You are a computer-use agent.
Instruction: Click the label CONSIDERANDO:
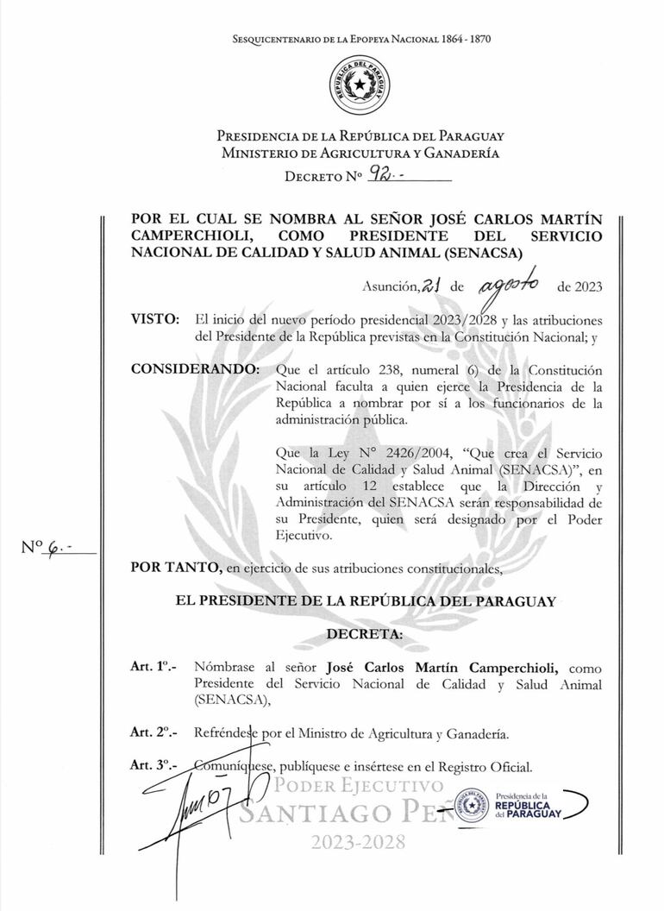coord(193,369)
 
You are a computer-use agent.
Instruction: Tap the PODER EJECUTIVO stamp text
coord(361,786)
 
